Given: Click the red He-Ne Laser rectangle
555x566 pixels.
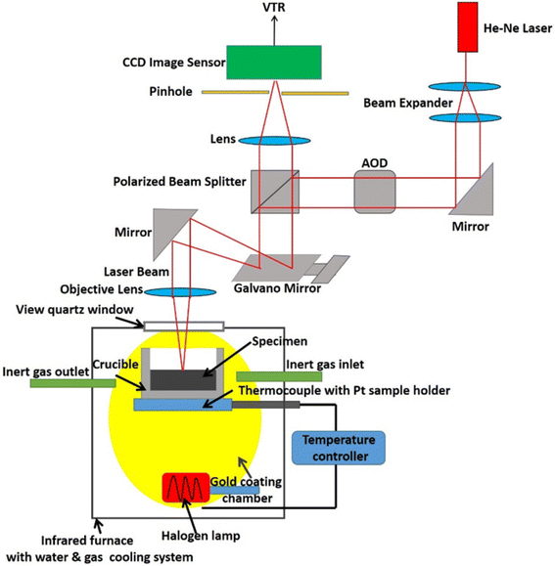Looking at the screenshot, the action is pos(468,27).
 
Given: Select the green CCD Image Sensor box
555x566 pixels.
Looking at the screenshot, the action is pos(274,63).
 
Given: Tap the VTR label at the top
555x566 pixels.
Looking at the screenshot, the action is pos(274,7).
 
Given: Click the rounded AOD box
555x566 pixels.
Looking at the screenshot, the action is pos(375,192).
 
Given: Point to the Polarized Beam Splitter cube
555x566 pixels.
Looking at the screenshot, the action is pos(275,192).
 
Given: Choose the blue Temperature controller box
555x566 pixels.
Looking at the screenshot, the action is pos(339,448).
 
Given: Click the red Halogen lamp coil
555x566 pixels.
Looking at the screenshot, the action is pos(186,488).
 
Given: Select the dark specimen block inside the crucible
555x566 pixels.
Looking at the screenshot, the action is pos(183,379).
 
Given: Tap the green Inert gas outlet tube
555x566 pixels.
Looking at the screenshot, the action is pos(73,383).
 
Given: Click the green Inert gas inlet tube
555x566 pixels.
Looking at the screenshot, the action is pos(279,376).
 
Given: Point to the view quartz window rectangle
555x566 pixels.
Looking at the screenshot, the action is pos(184,327).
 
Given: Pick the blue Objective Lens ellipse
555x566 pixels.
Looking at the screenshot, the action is pos(181,291).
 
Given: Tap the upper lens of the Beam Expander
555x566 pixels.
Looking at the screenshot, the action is pos(465,87).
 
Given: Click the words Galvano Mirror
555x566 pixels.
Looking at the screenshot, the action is pos(277,288).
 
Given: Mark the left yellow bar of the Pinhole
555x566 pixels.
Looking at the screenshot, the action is pos(235,93).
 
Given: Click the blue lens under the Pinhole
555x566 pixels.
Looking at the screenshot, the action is pos(275,141).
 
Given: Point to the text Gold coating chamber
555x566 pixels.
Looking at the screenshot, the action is pos(247,490).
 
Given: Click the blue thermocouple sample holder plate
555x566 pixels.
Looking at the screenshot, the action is pos(183,405).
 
